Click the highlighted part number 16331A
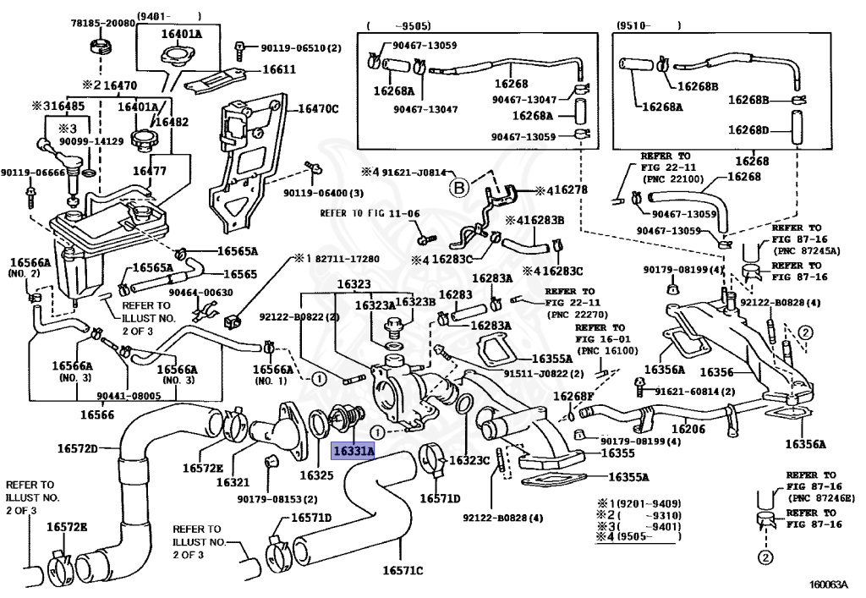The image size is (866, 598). (354, 451)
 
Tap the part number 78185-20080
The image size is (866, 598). (102, 23)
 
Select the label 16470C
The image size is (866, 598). (318, 109)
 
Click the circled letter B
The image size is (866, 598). (459, 189)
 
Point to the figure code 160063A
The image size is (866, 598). (828, 584)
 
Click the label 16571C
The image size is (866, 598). (403, 570)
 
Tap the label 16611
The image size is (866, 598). (279, 69)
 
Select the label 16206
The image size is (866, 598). (688, 429)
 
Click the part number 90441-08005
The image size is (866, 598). (129, 396)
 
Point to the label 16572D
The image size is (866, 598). (77, 448)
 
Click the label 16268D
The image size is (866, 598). (748, 129)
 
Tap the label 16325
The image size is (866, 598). (316, 475)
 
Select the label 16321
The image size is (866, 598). (233, 482)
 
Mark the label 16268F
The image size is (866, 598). (573, 396)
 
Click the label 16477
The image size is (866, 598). (150, 171)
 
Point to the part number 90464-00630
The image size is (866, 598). (200, 292)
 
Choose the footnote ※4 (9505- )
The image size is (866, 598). (639, 536)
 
